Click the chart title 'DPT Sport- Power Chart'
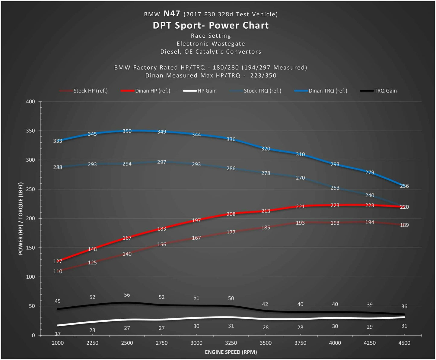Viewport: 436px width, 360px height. (211, 26)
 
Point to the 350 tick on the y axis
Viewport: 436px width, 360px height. (30, 131)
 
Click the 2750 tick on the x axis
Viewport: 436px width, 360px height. (162, 343)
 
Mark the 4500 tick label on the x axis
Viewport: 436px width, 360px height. (404, 343)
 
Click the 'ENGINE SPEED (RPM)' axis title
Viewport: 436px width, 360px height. (231, 352)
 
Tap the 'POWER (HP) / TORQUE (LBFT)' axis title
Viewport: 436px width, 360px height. (21, 219)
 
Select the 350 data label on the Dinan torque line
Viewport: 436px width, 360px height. (127, 131)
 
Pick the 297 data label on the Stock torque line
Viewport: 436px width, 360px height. (162, 162)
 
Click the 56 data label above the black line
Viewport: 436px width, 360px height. (127, 295)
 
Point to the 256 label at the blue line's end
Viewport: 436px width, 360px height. (404, 186)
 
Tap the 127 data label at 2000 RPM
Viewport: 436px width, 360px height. (58, 261)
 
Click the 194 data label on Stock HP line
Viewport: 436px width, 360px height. (370, 222)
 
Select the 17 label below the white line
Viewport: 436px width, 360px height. (58, 334)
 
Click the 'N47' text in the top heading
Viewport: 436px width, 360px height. (172, 14)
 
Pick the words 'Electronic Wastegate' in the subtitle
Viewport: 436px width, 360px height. (211, 44)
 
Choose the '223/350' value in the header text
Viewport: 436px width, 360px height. (263, 75)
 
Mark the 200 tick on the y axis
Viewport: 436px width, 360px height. (30, 219)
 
